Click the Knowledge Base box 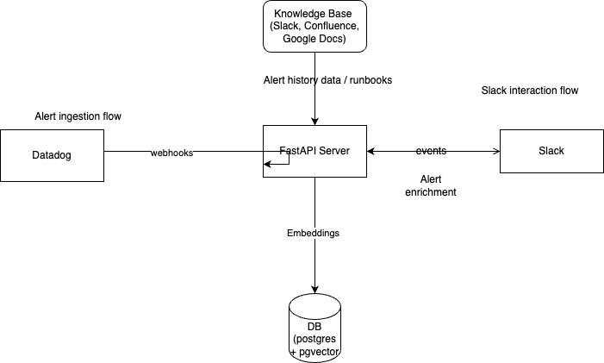(314, 26)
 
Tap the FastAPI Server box (314, 152)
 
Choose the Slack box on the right (551, 152)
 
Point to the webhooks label (171, 153)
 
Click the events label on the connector (431, 151)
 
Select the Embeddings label (313, 233)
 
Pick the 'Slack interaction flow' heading (529, 91)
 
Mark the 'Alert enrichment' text (430, 185)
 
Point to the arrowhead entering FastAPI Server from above (314, 121)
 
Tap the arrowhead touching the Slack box (495, 152)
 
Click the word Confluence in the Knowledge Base (329, 26)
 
